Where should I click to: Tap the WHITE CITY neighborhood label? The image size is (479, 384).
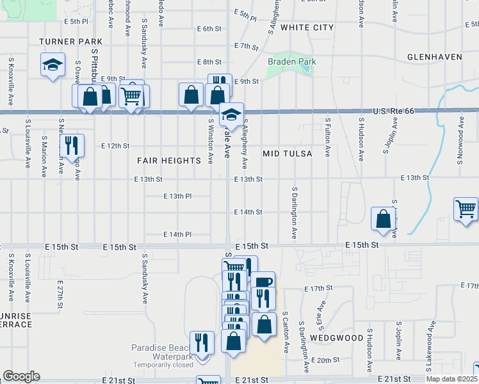[x=307, y=28]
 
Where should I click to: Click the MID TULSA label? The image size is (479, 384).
[x=288, y=154]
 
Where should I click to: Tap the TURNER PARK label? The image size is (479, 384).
[x=61, y=41]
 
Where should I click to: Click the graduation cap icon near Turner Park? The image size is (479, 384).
[x=52, y=65]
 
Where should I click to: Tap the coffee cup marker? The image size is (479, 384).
[x=263, y=282]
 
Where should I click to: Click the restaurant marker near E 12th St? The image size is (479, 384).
[x=72, y=145]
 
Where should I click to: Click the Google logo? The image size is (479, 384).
[x=21, y=376]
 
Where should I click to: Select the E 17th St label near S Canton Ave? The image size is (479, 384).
[x=318, y=289]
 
